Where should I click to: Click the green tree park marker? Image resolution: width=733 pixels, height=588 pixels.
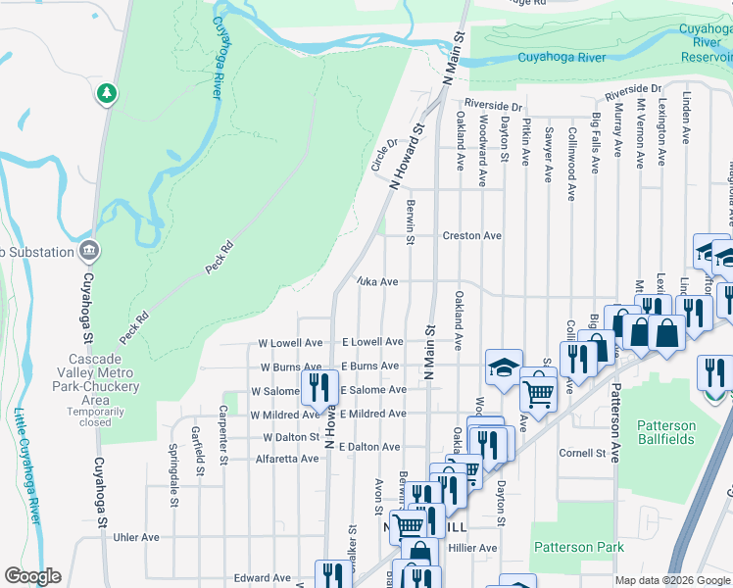(x=106, y=93)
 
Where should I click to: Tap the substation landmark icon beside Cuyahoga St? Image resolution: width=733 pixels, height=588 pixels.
(x=90, y=251)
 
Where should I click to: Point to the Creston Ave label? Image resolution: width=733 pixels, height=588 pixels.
(x=471, y=236)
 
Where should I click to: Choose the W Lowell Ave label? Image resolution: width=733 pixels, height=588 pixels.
(x=290, y=343)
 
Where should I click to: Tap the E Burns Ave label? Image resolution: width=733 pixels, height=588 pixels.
(x=369, y=367)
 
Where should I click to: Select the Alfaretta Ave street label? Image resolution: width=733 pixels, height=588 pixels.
(x=287, y=459)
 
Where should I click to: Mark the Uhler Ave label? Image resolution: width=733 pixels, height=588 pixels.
(x=135, y=537)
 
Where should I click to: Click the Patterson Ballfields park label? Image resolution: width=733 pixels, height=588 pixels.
(x=666, y=432)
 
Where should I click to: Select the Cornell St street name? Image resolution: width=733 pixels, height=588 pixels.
(x=583, y=454)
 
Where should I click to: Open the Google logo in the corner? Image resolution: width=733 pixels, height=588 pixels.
(x=32, y=576)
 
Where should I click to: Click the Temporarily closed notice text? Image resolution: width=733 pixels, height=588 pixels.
(x=96, y=417)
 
